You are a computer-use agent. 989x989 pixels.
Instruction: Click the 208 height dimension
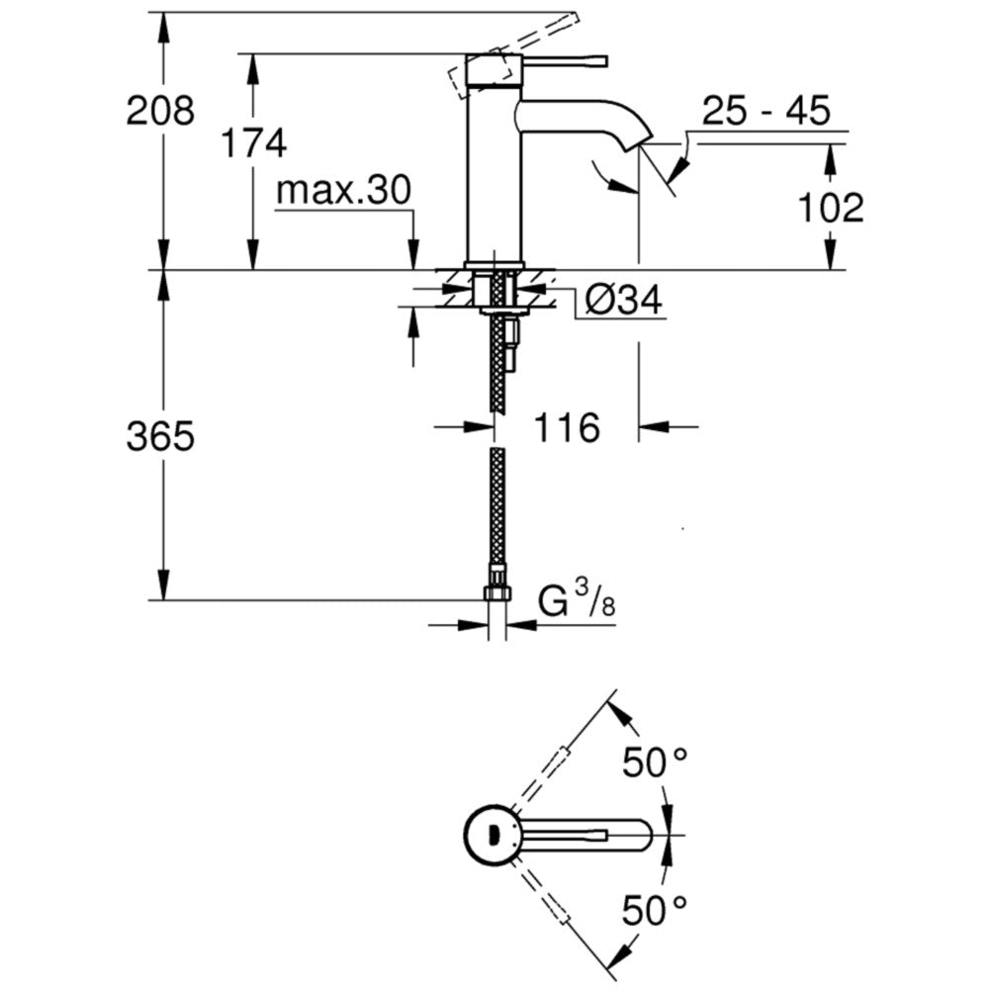[x=160, y=111]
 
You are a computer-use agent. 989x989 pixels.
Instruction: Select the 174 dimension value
[x=254, y=143]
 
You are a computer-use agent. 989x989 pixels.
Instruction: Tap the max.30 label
[x=344, y=190]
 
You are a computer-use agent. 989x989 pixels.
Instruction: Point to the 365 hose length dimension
[x=160, y=436]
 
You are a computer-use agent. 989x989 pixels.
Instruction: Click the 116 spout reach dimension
[x=567, y=428]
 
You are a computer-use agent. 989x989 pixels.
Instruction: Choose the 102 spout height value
[x=831, y=208]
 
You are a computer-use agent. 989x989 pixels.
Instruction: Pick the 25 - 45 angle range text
[x=766, y=111]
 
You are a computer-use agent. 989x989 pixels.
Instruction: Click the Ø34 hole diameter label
[x=624, y=300]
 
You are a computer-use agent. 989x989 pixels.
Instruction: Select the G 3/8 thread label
[x=577, y=600]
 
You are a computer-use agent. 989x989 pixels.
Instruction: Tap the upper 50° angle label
[x=654, y=763]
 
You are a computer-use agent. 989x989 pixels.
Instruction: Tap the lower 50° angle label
[x=654, y=911]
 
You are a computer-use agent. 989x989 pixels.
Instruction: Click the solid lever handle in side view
[x=565, y=61]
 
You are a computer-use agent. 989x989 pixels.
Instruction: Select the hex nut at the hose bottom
[x=497, y=592]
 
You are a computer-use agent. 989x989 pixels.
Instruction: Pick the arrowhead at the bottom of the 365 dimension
[x=163, y=585]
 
